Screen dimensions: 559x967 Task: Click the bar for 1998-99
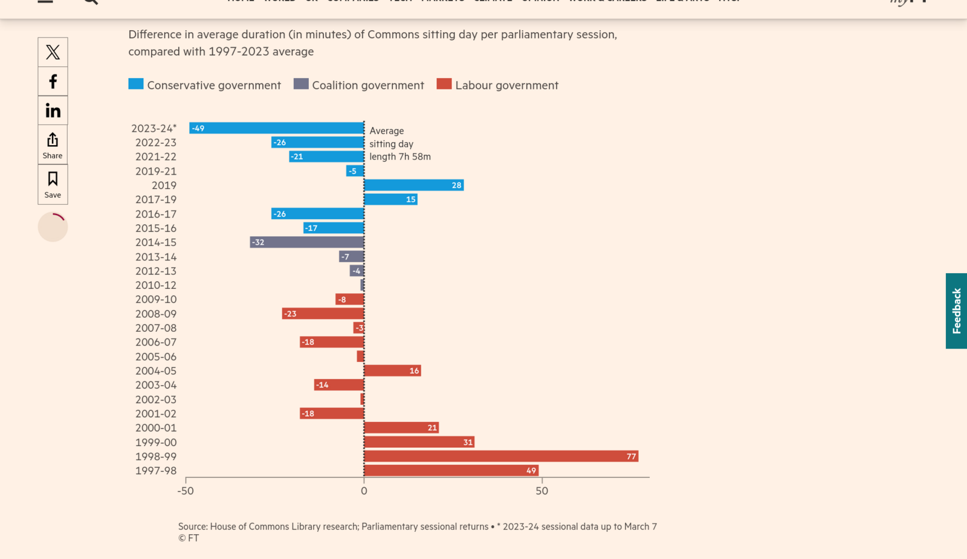501,456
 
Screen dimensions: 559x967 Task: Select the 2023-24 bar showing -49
276,128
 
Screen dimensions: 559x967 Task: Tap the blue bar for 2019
413,186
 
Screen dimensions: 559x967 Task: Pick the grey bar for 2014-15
307,242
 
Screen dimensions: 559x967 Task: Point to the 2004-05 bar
392,371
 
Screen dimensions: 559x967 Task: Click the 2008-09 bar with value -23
323,314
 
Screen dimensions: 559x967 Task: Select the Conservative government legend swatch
136,84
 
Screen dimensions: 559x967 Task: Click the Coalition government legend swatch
301,84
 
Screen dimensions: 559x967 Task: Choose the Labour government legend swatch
444,84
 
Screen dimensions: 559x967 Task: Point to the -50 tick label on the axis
186,491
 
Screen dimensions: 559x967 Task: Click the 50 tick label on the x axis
542,491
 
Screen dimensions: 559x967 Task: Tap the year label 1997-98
156,471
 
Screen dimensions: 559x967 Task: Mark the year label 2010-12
156,285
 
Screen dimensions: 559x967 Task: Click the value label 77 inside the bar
632,456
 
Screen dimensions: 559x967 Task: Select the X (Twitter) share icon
53,52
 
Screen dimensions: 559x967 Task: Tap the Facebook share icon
53,82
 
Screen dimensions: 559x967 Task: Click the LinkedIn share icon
53,111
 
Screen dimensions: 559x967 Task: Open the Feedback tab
956,311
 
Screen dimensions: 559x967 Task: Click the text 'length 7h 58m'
400,157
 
